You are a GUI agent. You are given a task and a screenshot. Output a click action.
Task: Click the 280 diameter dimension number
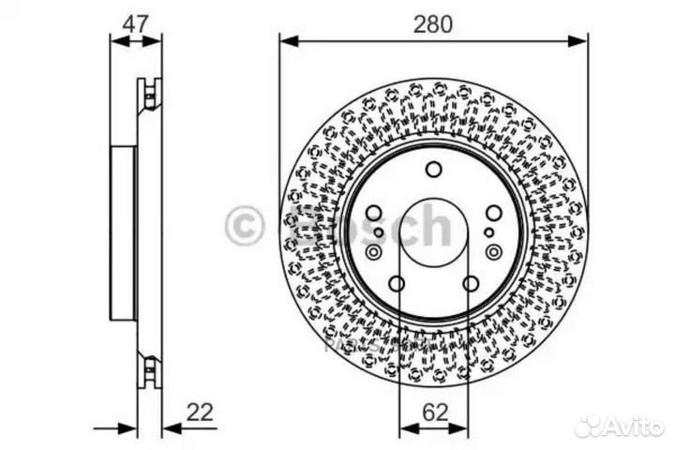[432, 24]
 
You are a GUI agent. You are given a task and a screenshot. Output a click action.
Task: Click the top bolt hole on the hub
[433, 170]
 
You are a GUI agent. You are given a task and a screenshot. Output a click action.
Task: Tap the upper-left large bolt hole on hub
[374, 213]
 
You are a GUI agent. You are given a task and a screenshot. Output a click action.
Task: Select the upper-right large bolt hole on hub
[493, 213]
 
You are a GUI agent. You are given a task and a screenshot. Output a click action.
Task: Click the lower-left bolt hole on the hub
[397, 283]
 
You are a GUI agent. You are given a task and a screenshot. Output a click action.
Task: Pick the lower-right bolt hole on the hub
[471, 283]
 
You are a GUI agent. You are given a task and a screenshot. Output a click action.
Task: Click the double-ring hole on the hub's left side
[374, 251]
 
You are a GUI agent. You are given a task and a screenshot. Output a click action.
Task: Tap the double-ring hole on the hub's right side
[493, 251]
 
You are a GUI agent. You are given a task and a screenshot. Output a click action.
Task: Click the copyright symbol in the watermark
[246, 226]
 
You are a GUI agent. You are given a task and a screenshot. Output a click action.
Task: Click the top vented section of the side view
[149, 93]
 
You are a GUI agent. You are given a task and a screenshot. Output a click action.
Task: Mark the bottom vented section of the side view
[149, 369]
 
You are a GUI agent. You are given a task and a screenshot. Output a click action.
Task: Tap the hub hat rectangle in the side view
[124, 234]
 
